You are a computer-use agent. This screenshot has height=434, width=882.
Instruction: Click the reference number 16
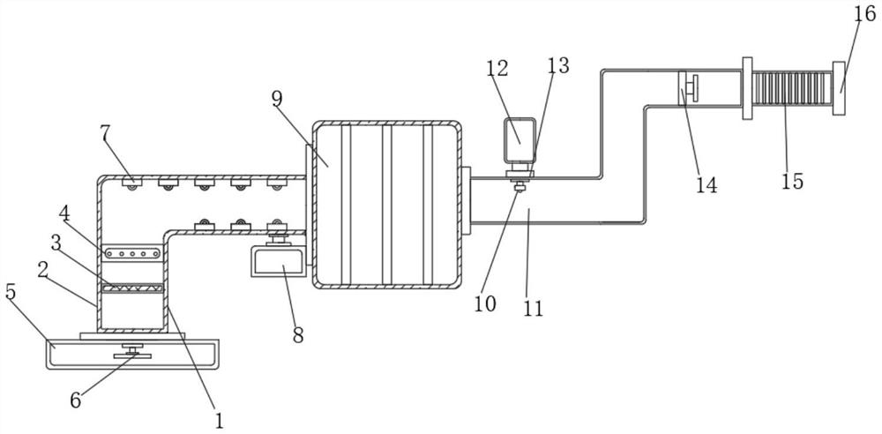tap(863, 15)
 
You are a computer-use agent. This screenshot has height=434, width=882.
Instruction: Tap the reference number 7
tap(105, 134)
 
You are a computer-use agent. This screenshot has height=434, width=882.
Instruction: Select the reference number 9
tap(277, 98)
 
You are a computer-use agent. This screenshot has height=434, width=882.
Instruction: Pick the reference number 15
tap(792, 181)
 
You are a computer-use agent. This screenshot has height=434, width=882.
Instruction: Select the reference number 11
tap(533, 309)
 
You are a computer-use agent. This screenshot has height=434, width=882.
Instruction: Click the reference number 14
tap(706, 185)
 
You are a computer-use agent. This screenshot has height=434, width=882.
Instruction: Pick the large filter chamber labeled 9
tap(386, 204)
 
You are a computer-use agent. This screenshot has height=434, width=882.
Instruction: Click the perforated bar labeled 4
tap(133, 252)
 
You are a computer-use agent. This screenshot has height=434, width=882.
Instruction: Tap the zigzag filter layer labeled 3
tap(133, 288)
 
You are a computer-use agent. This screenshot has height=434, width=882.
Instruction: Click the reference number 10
tap(484, 304)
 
